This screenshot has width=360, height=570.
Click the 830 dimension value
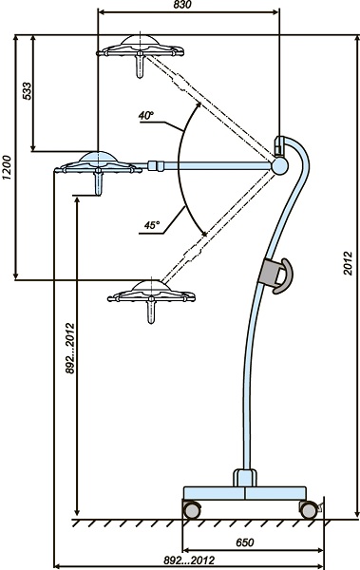click(x=182, y=5)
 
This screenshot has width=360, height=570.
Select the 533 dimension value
click(x=28, y=91)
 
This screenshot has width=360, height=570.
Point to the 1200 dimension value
click(x=7, y=167)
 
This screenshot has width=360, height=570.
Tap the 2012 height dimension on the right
click(x=348, y=263)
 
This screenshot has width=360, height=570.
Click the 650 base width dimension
click(x=245, y=542)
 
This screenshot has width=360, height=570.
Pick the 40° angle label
click(x=146, y=116)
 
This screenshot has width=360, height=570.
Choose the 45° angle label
click(x=152, y=225)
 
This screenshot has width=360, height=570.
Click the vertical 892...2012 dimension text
click(x=69, y=349)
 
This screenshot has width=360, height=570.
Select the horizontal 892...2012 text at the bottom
click(x=189, y=560)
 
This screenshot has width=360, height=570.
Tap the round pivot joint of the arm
click(x=280, y=166)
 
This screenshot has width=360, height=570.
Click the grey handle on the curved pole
click(x=275, y=275)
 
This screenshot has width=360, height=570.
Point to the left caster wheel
click(x=191, y=509)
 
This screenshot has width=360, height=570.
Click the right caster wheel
click(x=309, y=509)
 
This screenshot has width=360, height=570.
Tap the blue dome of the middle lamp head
click(x=98, y=157)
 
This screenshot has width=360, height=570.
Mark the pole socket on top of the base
click(x=245, y=478)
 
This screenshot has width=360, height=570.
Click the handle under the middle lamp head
click(x=98, y=182)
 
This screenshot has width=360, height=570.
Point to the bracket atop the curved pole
click(x=279, y=145)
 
